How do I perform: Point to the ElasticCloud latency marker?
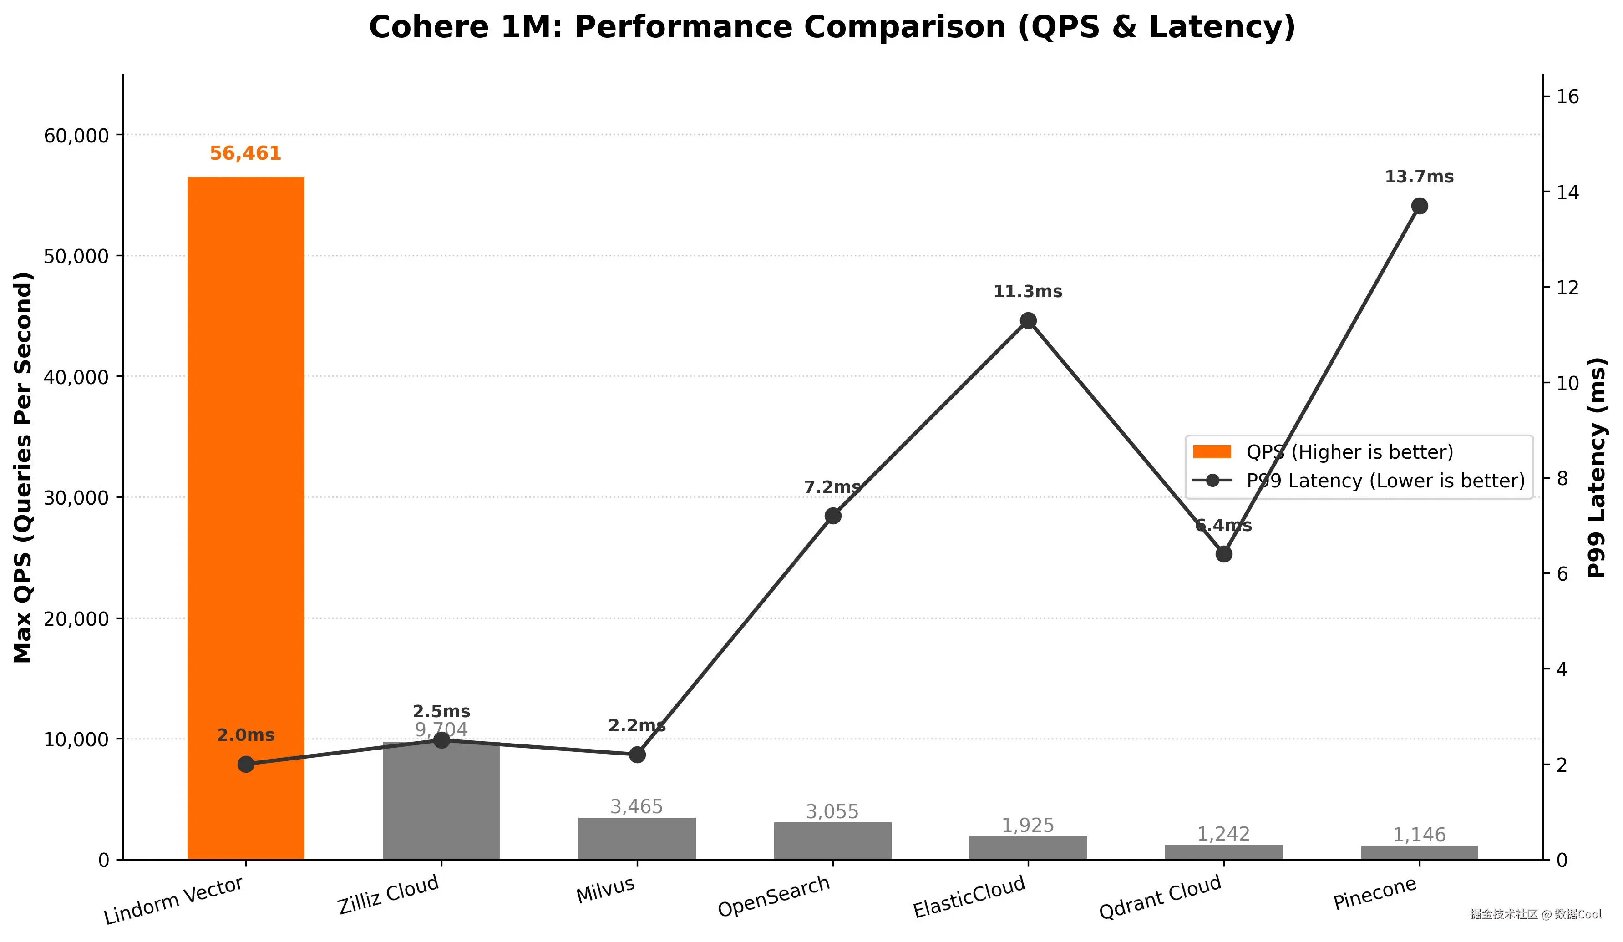(1028, 321)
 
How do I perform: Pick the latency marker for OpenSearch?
(833, 516)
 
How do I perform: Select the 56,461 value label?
(245, 153)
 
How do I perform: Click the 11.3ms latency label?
(1028, 292)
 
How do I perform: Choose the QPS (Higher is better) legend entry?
(1349, 452)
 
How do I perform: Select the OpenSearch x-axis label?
(774, 896)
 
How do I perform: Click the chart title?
(832, 28)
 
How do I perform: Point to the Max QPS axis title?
(23, 467)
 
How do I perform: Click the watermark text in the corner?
(1535, 914)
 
